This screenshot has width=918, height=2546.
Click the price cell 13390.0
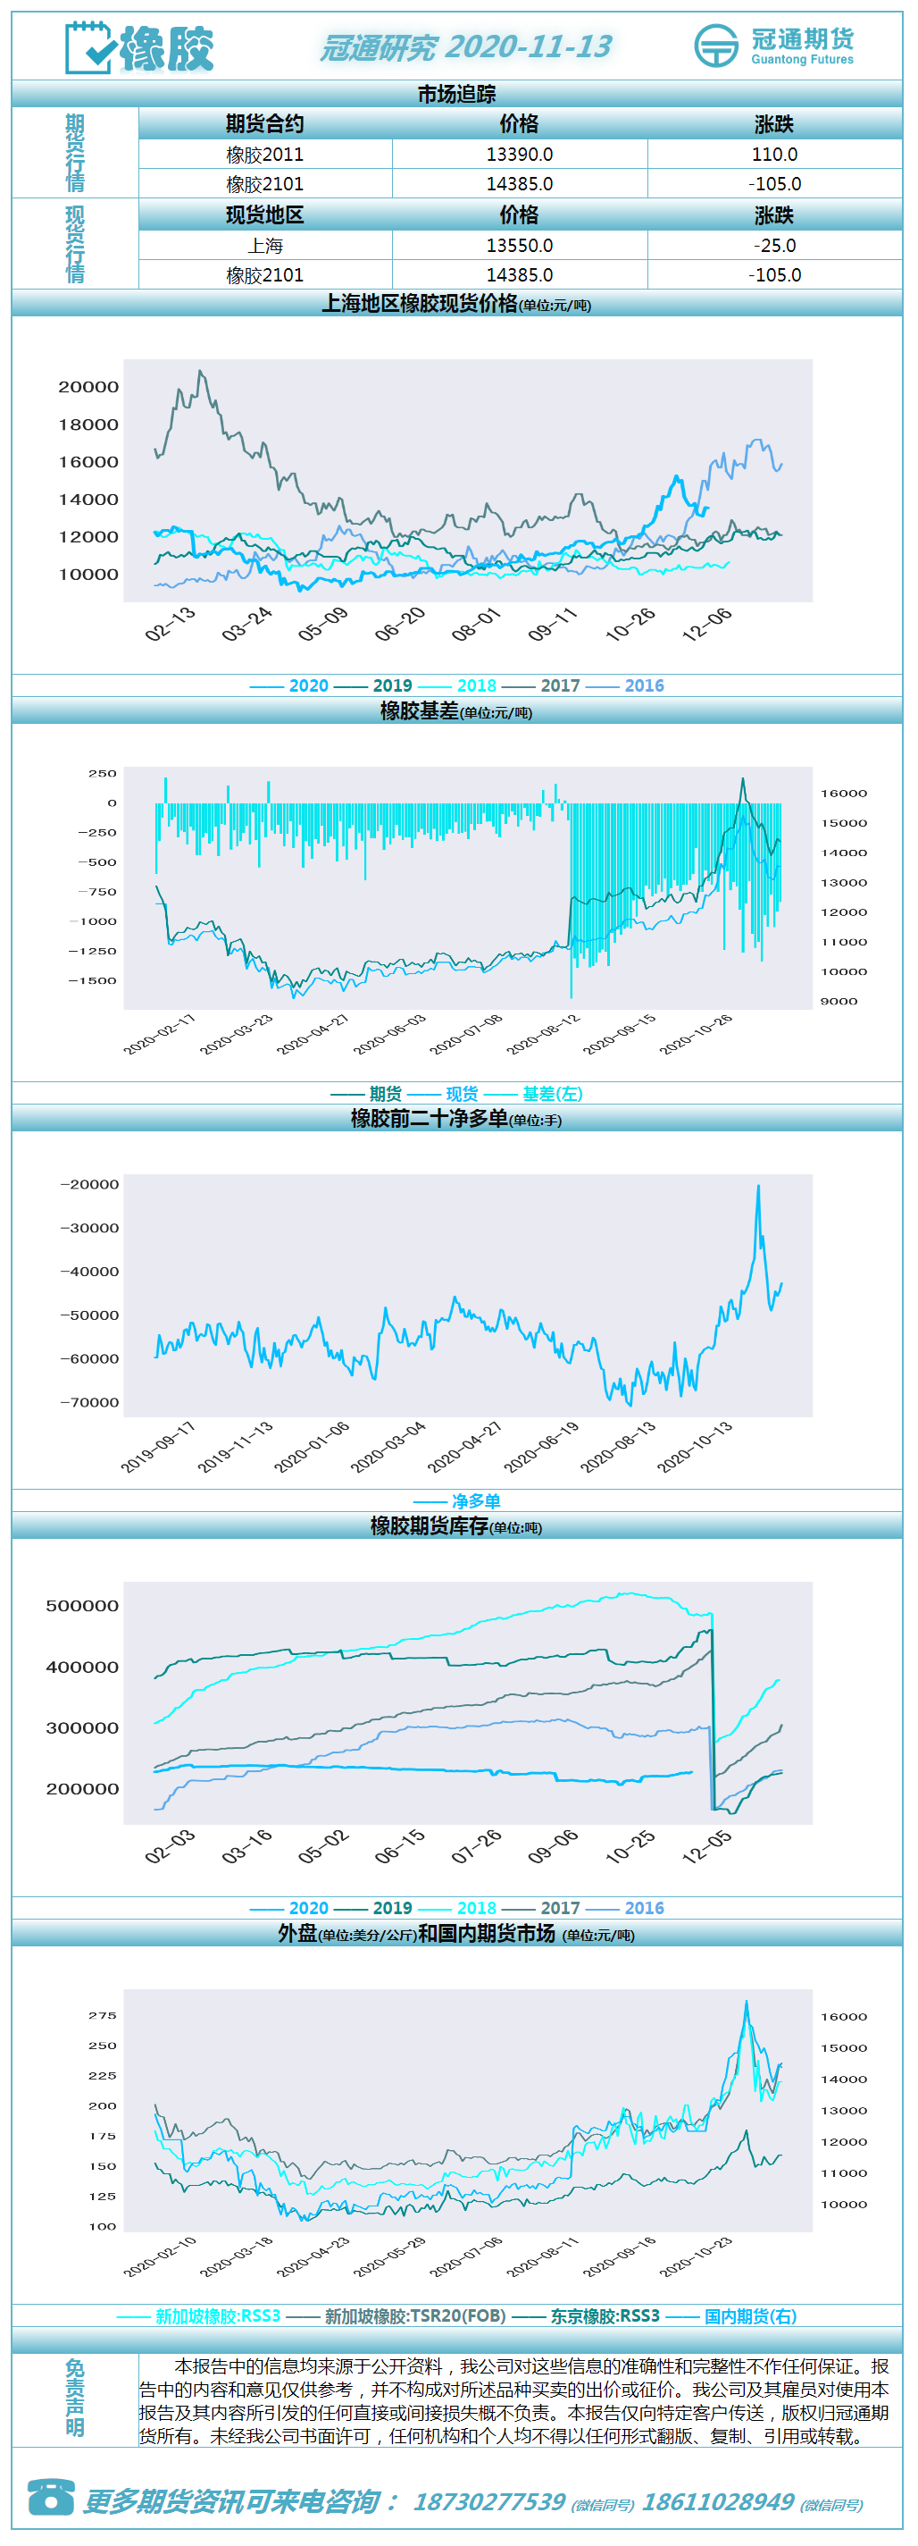[519, 155]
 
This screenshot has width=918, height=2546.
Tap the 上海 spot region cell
[265, 245]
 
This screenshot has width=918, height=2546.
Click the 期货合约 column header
[265, 123]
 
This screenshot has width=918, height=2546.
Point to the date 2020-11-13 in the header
[529, 46]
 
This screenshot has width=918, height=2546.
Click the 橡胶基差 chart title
[420, 710]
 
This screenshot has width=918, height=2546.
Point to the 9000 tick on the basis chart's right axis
[839, 1001]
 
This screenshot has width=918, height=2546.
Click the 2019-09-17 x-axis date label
[158, 1447]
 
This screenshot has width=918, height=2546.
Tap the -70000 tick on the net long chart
[89, 1402]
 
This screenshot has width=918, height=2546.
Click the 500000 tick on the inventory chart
[82, 1605]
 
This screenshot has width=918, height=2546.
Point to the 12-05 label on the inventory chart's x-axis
[707, 1845]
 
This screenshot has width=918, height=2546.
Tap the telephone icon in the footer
[50, 2497]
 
